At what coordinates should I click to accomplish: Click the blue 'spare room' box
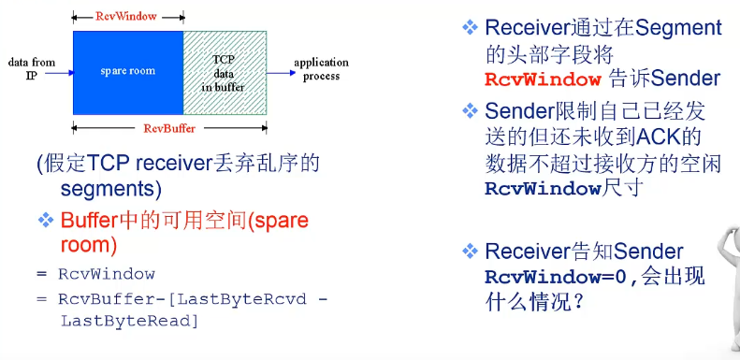point(128,72)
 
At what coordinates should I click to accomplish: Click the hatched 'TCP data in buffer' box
point(225,72)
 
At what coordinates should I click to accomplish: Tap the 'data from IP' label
point(32,67)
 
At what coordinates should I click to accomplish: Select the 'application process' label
point(321,68)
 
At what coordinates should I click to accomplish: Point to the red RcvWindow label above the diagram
point(127,17)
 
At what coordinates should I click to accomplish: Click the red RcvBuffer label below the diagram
point(169,127)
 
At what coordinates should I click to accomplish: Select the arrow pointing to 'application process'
point(278,72)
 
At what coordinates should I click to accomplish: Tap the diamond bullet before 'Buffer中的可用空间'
point(46,221)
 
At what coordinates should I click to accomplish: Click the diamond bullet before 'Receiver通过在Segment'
point(470,28)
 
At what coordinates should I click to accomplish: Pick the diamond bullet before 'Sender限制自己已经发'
point(470,112)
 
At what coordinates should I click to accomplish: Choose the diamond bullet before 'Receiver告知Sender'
point(470,251)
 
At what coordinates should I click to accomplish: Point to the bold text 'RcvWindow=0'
point(560,278)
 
